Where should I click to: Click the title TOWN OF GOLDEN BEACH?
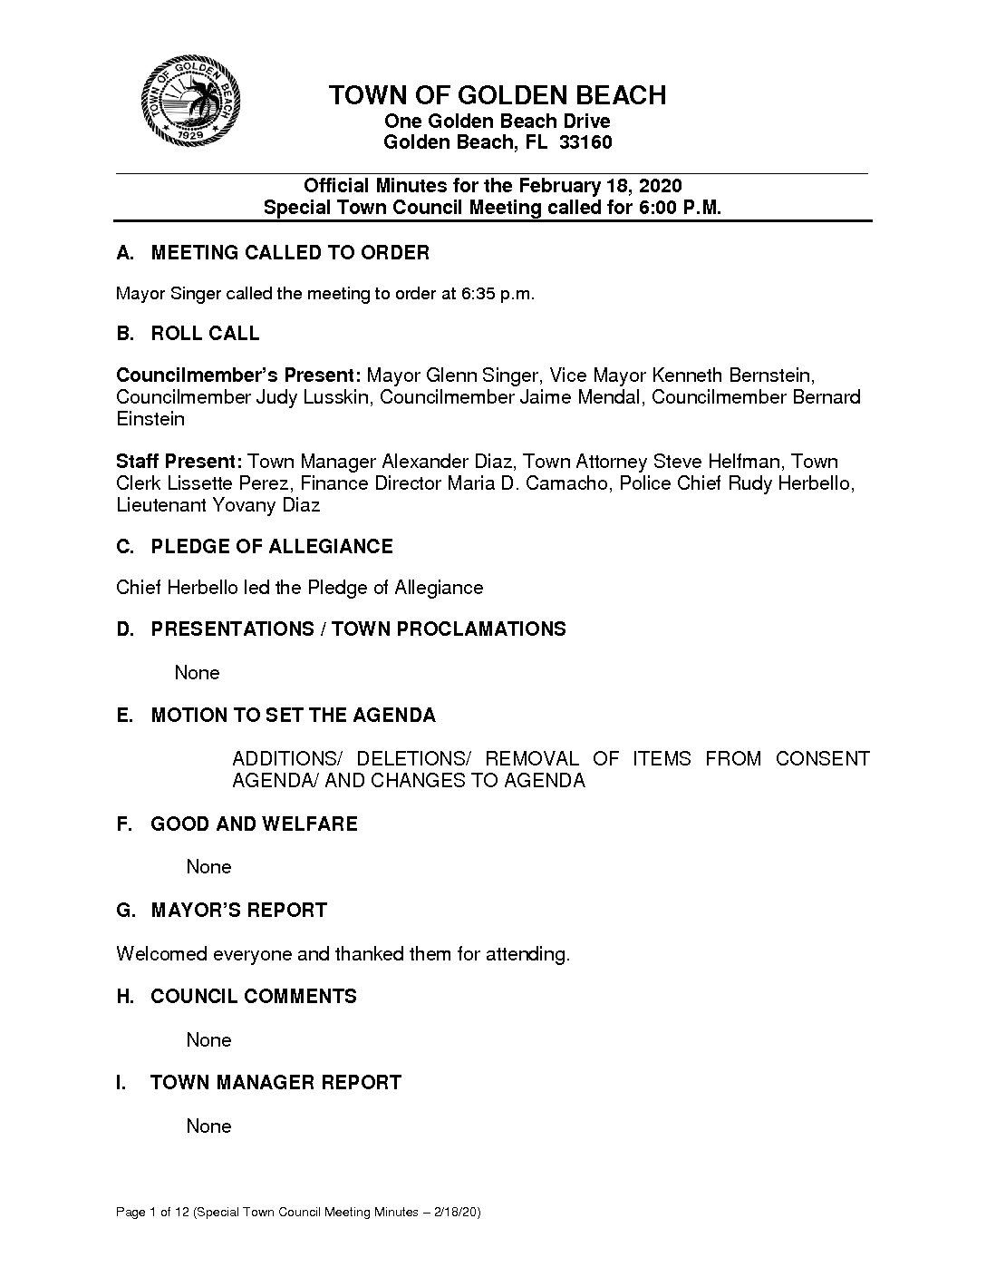coord(497,95)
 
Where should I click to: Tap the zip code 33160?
coord(585,142)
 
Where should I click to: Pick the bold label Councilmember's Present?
coord(238,375)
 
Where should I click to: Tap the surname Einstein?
coord(150,419)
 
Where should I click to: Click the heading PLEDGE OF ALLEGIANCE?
coord(272,547)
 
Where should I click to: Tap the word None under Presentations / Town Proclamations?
coord(197,673)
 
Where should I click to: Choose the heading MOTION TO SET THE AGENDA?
coord(293,716)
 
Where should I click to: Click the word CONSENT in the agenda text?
coord(822,758)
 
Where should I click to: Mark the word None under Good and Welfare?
coord(208,867)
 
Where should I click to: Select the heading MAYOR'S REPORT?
coord(238,911)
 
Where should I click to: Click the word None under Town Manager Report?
coord(208,1126)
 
